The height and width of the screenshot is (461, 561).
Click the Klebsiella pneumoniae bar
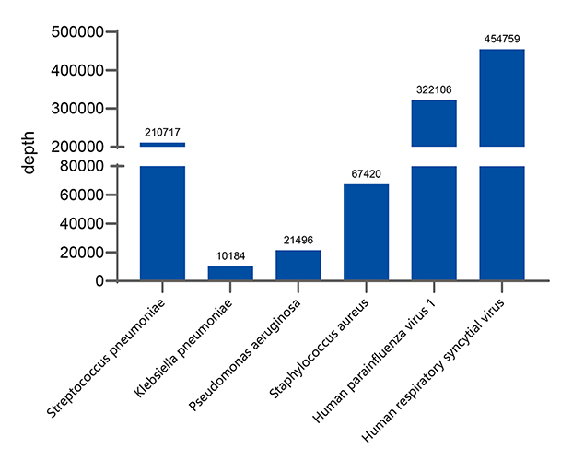[x=230, y=273]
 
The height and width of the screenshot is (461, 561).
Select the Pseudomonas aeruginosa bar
[x=298, y=265]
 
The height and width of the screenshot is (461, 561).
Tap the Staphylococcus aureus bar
[x=366, y=232]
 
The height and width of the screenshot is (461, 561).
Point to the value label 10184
[x=230, y=256]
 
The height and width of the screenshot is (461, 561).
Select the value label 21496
[x=298, y=240]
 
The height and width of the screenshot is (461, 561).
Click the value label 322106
[x=434, y=89]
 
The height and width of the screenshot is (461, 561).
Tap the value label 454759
[x=502, y=39]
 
